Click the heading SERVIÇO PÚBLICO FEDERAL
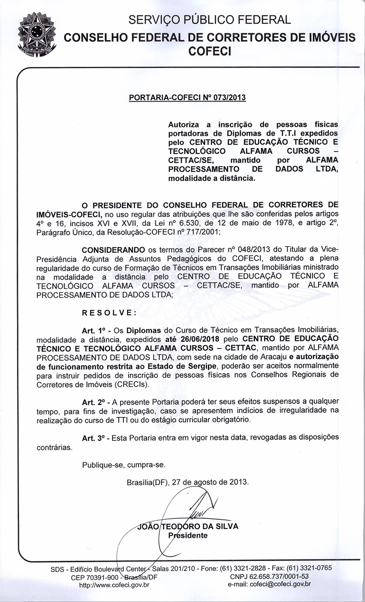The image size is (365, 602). [210, 20]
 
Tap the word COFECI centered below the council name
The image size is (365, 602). [210, 51]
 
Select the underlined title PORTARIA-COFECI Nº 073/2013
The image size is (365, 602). [187, 97]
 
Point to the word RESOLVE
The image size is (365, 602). [109, 313]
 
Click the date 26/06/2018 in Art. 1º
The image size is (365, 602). [198, 339]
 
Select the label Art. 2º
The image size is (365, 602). [94, 402]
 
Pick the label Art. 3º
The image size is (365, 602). [94, 438]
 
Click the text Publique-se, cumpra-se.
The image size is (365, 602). [124, 465]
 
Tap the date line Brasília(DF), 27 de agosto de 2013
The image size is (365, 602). [187, 482]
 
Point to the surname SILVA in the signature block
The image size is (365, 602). [225, 526]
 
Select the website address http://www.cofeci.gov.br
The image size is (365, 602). [114, 585]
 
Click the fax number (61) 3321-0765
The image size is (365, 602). [309, 567]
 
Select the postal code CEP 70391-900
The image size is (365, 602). [94, 577]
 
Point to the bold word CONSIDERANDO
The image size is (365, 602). [113, 249]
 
